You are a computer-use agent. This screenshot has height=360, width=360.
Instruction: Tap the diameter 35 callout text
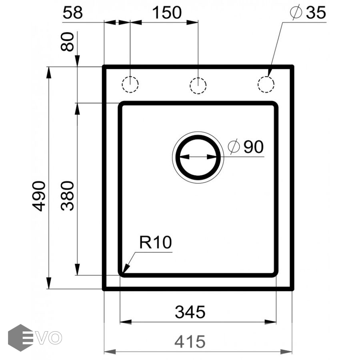point(308,13)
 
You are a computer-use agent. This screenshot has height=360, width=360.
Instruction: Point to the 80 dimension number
point(68,42)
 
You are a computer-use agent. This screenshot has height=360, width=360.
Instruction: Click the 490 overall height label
point(39,196)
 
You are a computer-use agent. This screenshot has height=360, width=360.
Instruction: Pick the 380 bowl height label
point(68,196)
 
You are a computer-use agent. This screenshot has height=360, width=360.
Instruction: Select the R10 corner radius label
point(155,243)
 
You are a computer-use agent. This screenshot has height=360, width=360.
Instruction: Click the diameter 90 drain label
point(246,147)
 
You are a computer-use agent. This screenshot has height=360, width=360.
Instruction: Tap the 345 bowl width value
point(190,312)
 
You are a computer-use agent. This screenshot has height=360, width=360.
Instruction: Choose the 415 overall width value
point(190,342)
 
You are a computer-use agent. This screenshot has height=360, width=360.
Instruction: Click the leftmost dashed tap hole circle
point(130,85)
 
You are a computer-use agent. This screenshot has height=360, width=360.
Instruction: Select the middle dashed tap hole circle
point(198,85)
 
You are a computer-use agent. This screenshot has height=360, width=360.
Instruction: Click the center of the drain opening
point(198,156)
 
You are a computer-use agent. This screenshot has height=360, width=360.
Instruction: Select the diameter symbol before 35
point(296,13)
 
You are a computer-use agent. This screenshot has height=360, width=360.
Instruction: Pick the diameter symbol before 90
point(234,147)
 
